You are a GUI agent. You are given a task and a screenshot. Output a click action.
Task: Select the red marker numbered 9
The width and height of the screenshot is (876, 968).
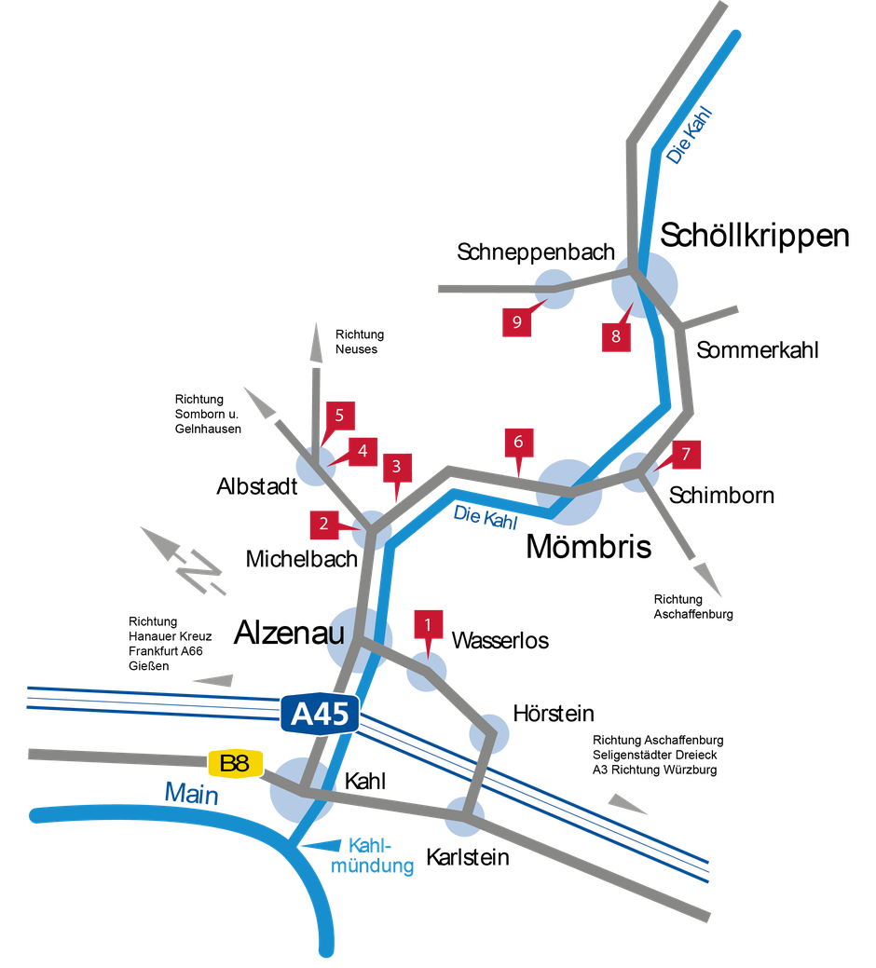516,321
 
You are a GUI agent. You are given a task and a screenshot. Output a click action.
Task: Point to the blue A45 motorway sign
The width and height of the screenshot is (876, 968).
320,714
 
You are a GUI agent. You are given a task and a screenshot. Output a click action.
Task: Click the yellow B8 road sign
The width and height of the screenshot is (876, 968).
235,764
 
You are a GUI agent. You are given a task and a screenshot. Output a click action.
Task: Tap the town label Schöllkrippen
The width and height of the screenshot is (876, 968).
754,236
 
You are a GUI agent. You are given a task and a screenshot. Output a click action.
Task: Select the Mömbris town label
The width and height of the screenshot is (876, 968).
588,547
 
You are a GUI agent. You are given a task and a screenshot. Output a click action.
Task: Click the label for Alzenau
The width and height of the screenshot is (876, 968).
289,633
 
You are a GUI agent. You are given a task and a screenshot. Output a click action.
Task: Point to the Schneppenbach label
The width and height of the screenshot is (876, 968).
536,252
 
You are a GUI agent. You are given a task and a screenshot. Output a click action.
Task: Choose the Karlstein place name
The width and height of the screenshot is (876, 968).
467,857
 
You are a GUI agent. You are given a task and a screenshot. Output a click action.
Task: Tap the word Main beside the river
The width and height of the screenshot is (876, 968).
191,793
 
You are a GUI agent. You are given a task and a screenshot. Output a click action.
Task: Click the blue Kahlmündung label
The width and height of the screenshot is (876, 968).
372,855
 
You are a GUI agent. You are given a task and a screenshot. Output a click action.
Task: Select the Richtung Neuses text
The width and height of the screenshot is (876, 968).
360,342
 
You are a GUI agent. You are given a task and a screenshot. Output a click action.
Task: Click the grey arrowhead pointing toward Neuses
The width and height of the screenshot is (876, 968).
316,342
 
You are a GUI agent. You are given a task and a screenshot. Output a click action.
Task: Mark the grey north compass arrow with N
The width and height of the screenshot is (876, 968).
184,560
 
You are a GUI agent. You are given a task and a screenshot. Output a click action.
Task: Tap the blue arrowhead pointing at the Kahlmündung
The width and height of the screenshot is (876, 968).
321,845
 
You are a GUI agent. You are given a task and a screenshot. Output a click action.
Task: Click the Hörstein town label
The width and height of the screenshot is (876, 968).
554,714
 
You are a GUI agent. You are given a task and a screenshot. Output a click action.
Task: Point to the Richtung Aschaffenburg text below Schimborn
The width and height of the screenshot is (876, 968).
693,607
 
